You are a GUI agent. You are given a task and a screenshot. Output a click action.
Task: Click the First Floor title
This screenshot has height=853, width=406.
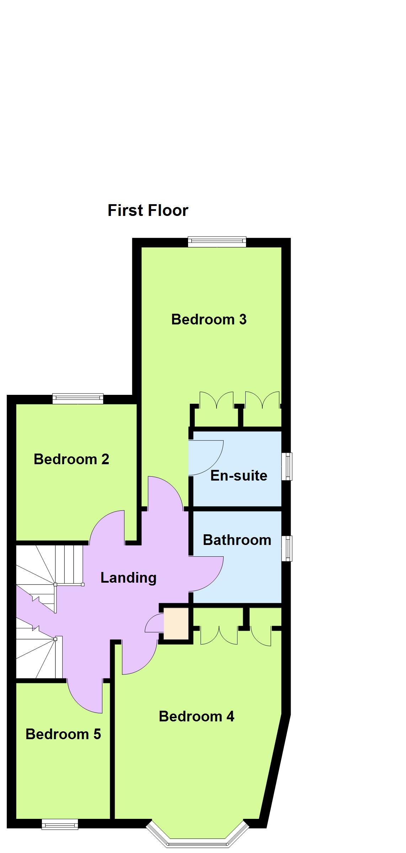tap(148, 210)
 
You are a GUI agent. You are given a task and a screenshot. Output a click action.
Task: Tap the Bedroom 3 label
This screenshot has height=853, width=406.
tap(209, 319)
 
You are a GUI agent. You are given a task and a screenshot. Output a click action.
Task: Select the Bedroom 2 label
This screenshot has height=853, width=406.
tap(71, 459)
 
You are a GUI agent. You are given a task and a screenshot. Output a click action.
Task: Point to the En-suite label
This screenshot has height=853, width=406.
tap(239, 475)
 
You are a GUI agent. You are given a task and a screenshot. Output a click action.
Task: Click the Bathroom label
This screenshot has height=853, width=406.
tap(237, 540)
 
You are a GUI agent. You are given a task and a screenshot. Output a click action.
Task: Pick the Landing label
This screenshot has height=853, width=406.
tap(128, 577)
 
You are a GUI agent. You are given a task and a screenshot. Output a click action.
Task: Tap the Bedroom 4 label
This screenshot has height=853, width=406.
tap(196, 716)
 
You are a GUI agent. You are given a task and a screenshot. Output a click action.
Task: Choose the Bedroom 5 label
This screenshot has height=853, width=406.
tap(63, 734)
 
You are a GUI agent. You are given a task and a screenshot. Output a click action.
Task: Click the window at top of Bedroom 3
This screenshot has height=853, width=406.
tap(217, 242)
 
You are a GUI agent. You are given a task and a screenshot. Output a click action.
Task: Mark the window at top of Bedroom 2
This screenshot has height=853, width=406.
tap(78, 399)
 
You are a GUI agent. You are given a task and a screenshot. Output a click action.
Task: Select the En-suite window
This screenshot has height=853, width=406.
tap(287, 466)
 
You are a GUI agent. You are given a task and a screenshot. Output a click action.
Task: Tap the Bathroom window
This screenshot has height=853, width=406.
tap(287, 549)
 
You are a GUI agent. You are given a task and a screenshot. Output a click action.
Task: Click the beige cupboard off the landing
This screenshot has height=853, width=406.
tap(176, 623)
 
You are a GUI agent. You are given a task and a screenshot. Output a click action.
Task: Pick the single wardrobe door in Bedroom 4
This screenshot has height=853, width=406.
tap(261, 636)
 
